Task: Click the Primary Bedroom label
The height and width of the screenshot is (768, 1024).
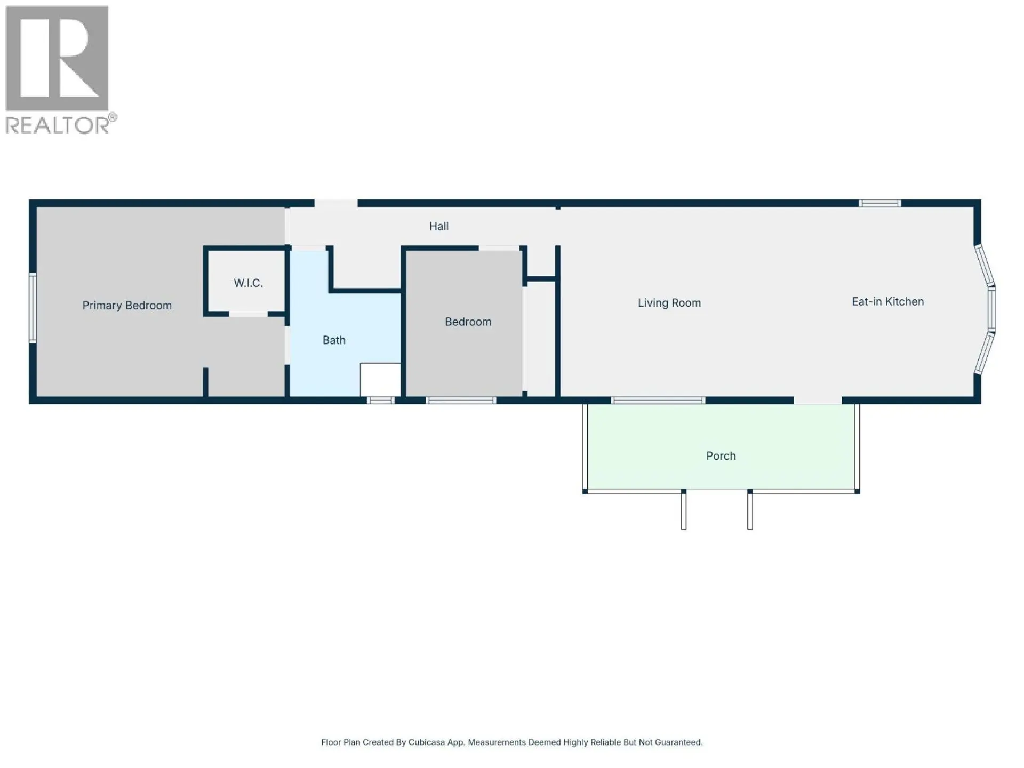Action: point(127,306)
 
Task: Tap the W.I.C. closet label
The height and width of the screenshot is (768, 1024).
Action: point(248,283)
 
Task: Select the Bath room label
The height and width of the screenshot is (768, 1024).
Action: point(334,340)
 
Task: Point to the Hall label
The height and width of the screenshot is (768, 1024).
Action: point(439,226)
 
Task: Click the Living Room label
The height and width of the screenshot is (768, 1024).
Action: point(669,303)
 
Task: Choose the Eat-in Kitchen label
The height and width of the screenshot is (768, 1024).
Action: point(887,302)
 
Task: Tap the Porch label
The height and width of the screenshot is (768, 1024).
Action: point(721,456)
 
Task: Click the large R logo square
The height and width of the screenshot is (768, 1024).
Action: point(57,58)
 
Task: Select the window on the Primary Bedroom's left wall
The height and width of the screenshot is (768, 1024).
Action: point(33,308)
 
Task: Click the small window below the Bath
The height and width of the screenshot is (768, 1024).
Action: point(380,401)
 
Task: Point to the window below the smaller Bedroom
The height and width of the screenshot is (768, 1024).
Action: point(461,401)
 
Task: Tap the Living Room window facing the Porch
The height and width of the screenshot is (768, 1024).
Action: point(658,401)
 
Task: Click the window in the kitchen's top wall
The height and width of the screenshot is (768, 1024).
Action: point(880,203)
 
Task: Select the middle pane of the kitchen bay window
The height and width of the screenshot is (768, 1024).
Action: point(992,309)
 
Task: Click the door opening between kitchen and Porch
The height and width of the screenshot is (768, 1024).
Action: point(818,401)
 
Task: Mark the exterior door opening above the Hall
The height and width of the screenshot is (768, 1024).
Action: point(335,203)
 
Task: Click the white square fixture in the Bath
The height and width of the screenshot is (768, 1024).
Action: point(380,380)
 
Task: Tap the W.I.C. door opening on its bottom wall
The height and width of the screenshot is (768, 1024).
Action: point(248,315)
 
